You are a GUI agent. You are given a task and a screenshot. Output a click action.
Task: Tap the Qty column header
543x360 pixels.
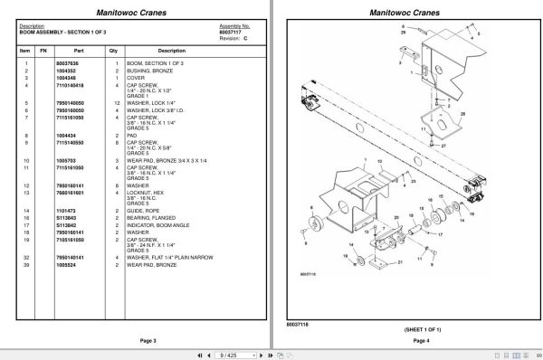coord(113,51)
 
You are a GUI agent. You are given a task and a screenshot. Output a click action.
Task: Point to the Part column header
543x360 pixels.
coord(79,51)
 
